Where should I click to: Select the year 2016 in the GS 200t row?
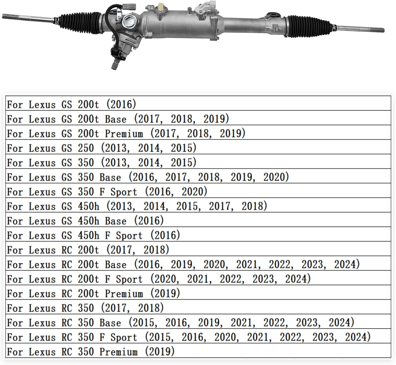121,104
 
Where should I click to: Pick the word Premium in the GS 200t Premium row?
124,134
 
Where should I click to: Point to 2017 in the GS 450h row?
219,206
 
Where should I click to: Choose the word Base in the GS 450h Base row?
115,221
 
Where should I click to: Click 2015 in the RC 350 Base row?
143,323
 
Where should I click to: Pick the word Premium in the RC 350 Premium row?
118,352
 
